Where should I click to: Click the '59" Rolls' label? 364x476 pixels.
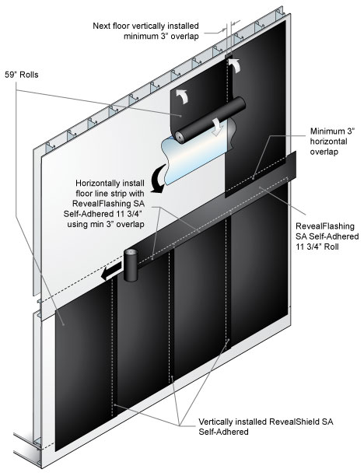pyautogui.click(x=22, y=75)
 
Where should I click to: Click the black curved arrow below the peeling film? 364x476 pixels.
pyautogui.click(x=158, y=179)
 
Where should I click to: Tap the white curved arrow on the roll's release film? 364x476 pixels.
pyautogui.click(x=218, y=127)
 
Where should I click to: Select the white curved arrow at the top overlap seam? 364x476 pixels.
pyautogui.click(x=235, y=65)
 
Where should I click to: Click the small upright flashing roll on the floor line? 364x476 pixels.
pyautogui.click(x=131, y=264)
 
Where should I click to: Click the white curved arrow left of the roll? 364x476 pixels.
pyautogui.click(x=183, y=97)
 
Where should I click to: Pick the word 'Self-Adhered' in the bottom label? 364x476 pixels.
pyautogui.click(x=223, y=432)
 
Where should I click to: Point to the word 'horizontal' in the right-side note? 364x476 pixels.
pyautogui.click(x=328, y=141)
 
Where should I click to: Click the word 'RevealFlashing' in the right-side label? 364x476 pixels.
pyautogui.click(x=325, y=226)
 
